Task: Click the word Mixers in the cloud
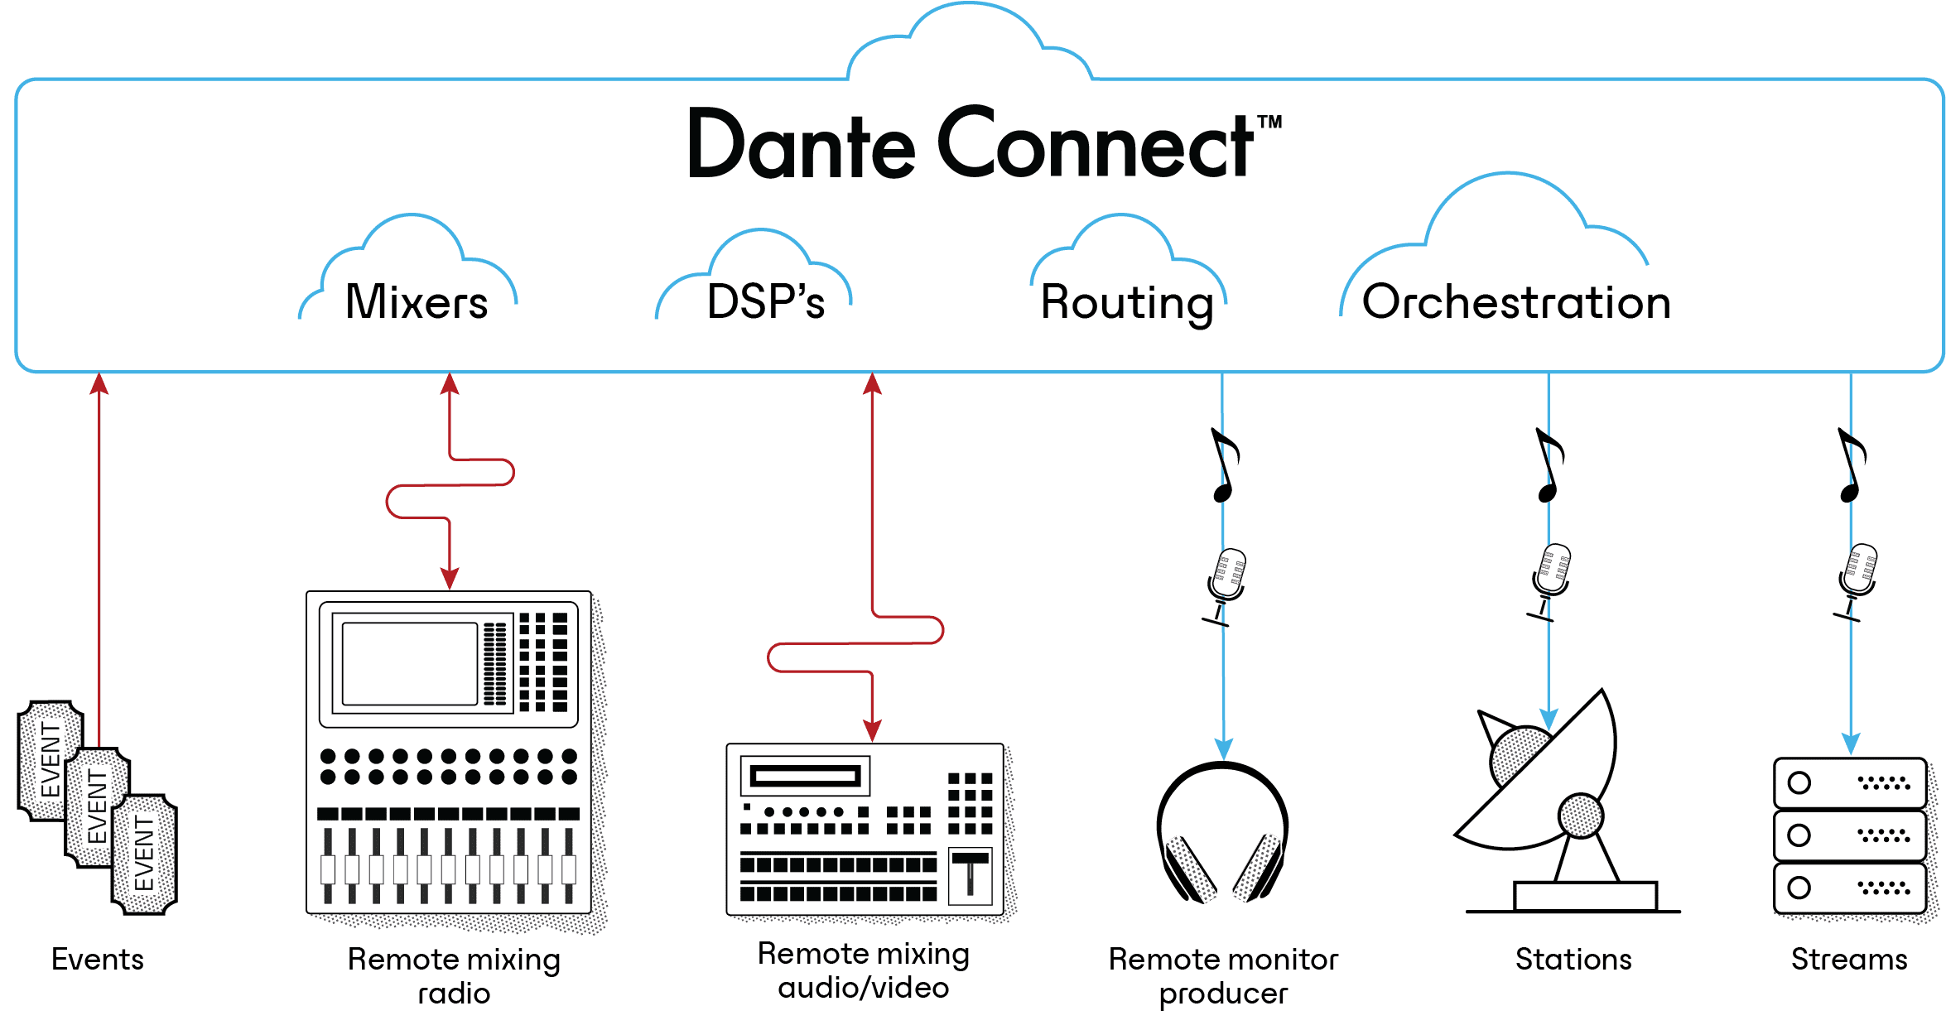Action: [416, 302]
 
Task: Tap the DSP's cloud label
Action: [765, 302]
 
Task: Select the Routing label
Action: [1126, 302]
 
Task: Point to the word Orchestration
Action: [1515, 302]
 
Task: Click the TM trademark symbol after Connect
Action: [1269, 123]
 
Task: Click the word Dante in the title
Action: [801, 146]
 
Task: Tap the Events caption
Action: [98, 959]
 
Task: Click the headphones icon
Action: [1222, 832]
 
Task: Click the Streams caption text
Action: [1848, 959]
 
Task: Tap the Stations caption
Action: [1573, 959]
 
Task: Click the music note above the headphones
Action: [1224, 465]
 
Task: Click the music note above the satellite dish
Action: [1549, 465]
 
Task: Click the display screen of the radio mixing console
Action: [409, 664]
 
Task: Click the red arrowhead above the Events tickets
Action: [99, 383]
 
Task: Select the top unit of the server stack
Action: [1848, 782]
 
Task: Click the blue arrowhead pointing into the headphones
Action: [1223, 748]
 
